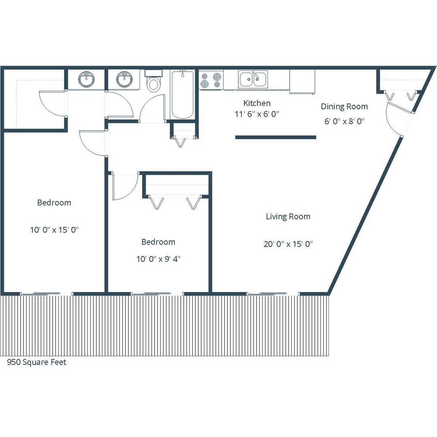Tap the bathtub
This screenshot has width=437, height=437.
[x=182, y=95]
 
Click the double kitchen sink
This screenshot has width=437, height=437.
[x=253, y=79]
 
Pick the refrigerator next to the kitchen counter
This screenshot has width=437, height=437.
[x=302, y=81]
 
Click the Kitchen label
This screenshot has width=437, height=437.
[x=257, y=103]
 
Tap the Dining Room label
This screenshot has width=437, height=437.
[x=344, y=106]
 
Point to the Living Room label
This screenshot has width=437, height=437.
[x=288, y=216]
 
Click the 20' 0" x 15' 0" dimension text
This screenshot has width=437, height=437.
[x=288, y=244]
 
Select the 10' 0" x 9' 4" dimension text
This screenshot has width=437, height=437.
[x=158, y=259]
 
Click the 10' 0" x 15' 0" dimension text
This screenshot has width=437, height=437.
[x=54, y=230]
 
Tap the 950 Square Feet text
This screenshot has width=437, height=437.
[x=36, y=362]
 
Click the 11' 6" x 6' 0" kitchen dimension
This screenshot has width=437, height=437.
[x=257, y=114]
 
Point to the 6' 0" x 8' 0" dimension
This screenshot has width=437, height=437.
[x=344, y=121]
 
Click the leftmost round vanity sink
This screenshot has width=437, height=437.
[x=87, y=79]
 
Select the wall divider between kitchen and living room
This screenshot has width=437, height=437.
[x=276, y=137]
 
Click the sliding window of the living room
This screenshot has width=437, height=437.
[x=273, y=294]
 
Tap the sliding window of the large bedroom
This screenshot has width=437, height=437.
[x=46, y=294]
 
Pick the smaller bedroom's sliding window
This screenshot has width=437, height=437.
[x=157, y=294]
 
